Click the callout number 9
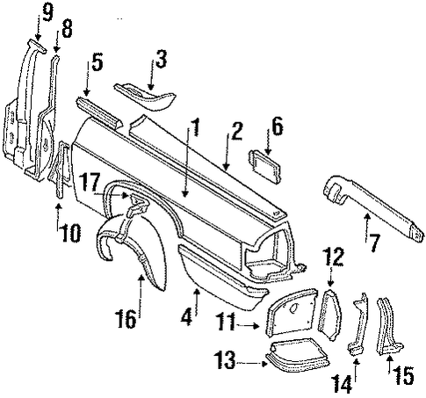click(47, 13)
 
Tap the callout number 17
click(90, 181)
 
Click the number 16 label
click(126, 319)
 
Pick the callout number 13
click(225, 359)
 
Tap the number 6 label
click(277, 128)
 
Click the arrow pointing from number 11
click(249, 325)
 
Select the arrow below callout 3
click(152, 75)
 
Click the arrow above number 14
click(356, 370)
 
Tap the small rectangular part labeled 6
click(264, 166)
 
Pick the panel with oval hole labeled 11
click(292, 313)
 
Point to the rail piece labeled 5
click(99, 113)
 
